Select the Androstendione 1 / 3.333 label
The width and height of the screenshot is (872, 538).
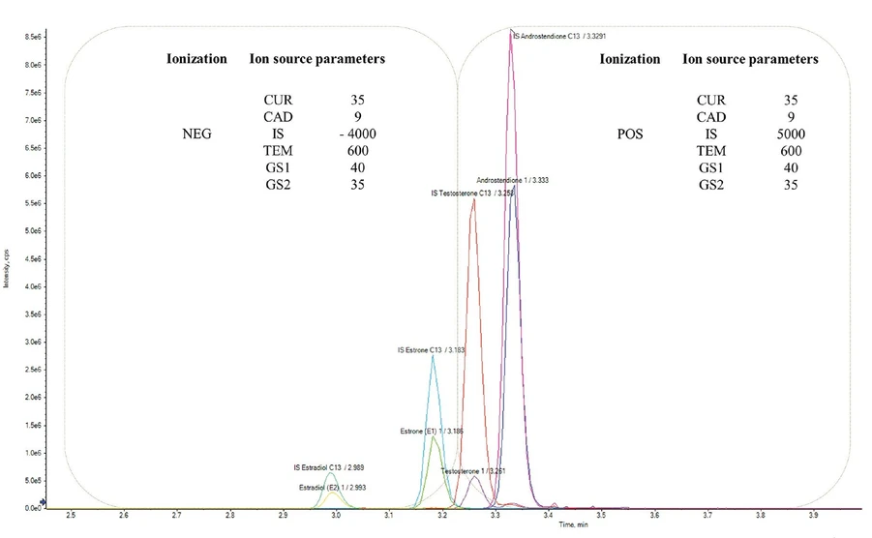coord(517,181)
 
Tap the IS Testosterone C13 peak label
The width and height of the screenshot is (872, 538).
coord(472,194)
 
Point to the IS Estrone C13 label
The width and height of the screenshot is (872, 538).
coord(432,350)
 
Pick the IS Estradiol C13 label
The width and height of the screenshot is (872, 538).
coord(330,467)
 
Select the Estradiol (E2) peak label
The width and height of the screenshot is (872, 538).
coord(333,486)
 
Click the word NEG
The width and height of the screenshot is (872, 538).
coord(196,134)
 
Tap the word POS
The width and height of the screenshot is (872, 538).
coord(629,134)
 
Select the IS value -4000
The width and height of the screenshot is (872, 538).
coord(357,134)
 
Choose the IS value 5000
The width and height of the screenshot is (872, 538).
coord(790,134)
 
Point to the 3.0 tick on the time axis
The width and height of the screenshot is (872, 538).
coord(336,517)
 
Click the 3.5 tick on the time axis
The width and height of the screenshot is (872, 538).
coord(601,517)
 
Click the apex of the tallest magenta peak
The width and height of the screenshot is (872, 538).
coord(510,32)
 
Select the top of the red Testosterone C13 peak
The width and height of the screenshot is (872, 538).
coord(472,200)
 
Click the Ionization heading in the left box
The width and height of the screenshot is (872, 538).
coord(196,59)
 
